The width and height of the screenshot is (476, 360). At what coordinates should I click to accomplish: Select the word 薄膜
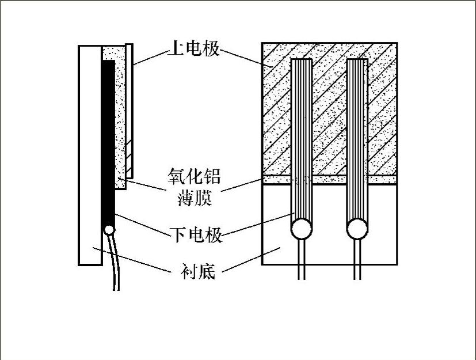click(195, 199)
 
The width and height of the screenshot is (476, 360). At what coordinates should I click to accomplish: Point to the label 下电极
click(196, 235)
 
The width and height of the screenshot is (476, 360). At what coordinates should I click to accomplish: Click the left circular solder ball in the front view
click(300, 230)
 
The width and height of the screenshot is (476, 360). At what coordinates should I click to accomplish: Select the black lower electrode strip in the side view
click(107, 144)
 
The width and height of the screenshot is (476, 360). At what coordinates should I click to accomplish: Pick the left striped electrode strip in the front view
click(300, 138)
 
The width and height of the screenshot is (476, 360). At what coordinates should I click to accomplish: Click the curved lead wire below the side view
click(115, 265)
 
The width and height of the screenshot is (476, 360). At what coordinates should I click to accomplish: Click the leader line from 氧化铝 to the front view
click(242, 184)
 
